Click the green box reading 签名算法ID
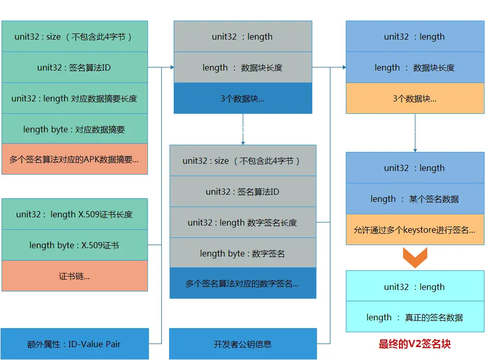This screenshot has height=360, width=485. click(74, 67)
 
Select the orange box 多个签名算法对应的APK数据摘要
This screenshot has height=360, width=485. click(74, 159)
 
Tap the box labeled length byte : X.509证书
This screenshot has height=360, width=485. click(74, 245)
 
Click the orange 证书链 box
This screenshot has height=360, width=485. click(74, 276)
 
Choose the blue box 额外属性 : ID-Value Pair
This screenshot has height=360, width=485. click(74, 344)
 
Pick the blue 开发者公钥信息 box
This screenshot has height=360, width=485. click(243, 344)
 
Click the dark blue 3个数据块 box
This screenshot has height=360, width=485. click(243, 98)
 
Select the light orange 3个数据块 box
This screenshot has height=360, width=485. click(415, 98)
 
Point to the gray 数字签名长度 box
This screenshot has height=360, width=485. click(243, 222)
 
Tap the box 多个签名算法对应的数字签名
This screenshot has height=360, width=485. click(243, 283)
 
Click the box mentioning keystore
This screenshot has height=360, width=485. click(415, 230)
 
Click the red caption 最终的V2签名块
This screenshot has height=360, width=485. click(415, 344)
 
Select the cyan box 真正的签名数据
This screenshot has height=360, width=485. click(415, 317)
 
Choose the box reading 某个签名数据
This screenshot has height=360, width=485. click(415, 199)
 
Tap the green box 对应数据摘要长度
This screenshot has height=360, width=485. click(74, 98)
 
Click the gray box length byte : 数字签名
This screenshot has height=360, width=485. click(243, 253)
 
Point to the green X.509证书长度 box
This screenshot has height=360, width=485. click(74, 214)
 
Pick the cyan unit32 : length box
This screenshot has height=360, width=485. click(415, 287)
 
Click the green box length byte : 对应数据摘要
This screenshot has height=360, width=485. click(74, 129)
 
